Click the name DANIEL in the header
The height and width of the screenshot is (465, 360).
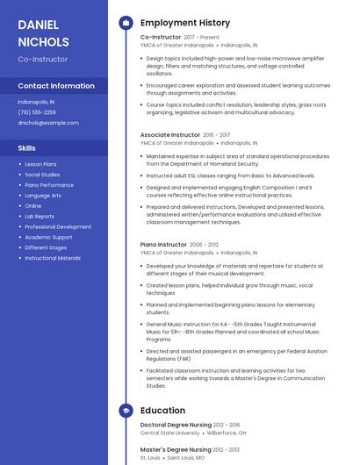coord(39,25)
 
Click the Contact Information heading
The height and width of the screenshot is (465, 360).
coord(56,86)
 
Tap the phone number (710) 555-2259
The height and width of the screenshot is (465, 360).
coord(37,112)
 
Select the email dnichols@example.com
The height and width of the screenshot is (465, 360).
coord(48,123)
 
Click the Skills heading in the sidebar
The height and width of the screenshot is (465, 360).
coord(27,148)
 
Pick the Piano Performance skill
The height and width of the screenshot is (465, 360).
coord(49,185)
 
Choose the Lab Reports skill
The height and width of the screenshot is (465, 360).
coord(40,216)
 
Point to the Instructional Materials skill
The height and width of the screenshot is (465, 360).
coord(53,258)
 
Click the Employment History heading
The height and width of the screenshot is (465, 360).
coord(185,23)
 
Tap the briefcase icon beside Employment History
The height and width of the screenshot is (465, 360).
coord(126,23)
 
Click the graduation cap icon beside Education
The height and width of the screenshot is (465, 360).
coord(126,410)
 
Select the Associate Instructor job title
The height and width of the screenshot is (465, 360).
coord(169,134)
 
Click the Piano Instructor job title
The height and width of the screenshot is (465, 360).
coord(163,245)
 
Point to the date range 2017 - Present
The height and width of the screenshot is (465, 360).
coord(202,38)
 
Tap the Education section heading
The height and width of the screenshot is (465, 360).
coord(162,410)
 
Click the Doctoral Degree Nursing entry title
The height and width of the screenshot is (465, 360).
coord(176,425)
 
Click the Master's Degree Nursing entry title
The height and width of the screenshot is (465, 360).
coord(176,449)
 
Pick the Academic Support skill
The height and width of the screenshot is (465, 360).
coord(48,237)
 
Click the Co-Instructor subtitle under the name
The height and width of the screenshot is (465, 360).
coord(42,59)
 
